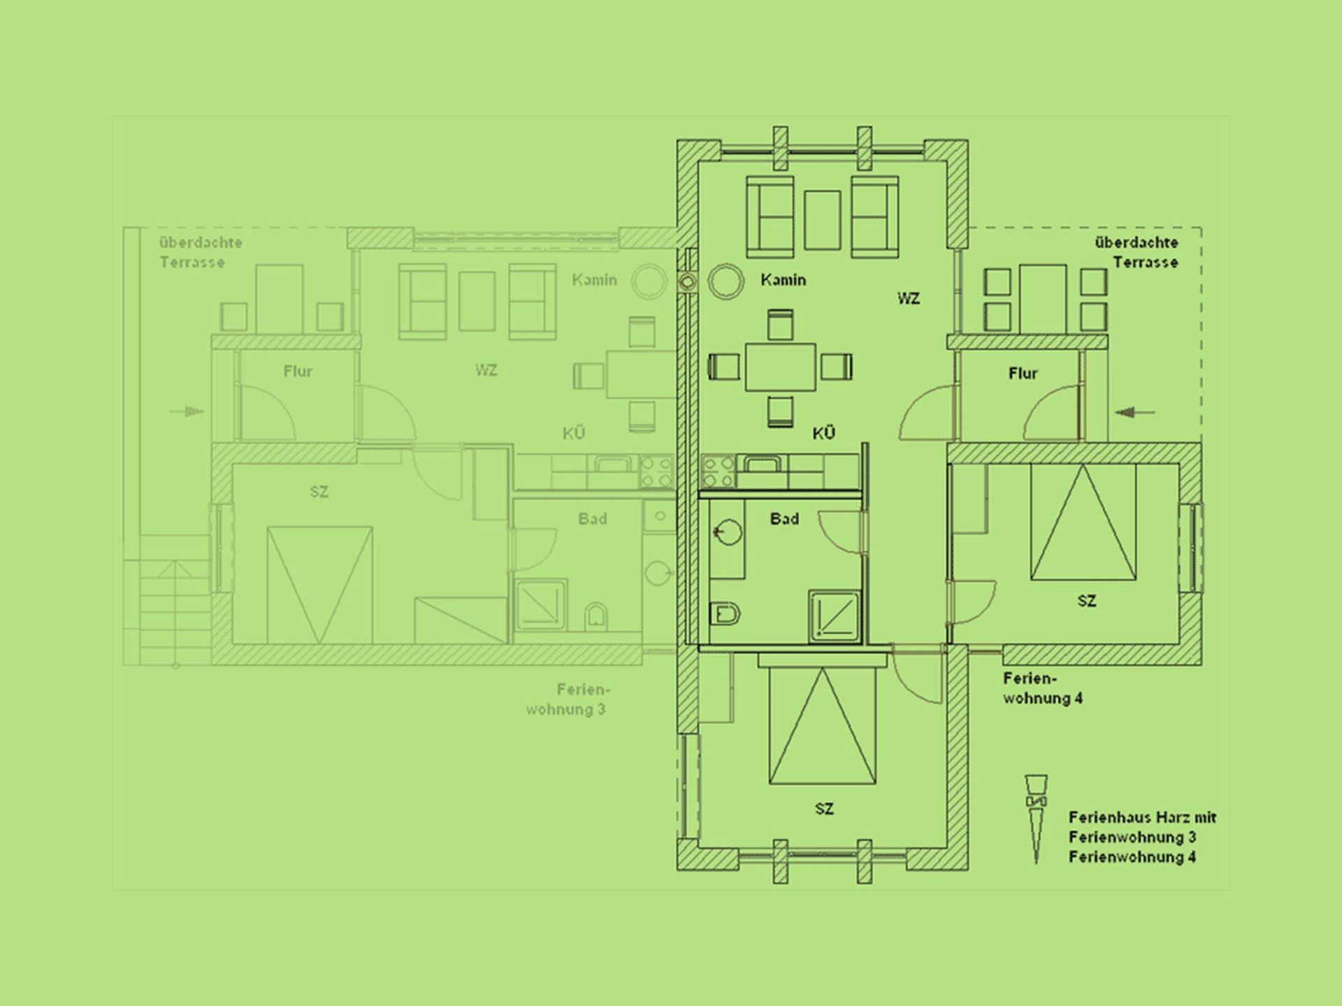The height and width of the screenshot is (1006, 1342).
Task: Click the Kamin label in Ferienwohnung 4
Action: [783, 280]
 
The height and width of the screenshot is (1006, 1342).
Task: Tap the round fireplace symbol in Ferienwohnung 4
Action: [726, 282]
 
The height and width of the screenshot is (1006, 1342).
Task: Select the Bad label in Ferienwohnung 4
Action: [784, 519]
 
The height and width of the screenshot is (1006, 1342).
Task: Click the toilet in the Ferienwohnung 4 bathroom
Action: [725, 615]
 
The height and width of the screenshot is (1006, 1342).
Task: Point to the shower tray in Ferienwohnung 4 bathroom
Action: [835, 615]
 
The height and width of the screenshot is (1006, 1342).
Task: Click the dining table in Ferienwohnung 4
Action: [780, 367]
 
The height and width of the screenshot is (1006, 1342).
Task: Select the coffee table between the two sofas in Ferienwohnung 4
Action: [822, 220]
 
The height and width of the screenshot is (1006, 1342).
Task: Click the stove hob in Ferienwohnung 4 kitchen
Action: [718, 470]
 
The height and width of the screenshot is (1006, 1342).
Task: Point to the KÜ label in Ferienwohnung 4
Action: [824, 433]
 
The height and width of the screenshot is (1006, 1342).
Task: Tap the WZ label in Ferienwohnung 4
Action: [909, 299]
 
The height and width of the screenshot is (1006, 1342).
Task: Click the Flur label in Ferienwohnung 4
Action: [1023, 374]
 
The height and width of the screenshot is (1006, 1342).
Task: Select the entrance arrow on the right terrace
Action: [1135, 412]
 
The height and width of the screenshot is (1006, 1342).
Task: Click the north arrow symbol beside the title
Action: [1035, 819]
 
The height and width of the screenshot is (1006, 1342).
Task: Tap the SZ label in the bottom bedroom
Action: [824, 809]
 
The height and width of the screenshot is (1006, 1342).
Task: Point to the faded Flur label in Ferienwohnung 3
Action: [298, 372]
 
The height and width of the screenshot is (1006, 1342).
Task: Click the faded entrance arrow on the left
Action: [187, 411]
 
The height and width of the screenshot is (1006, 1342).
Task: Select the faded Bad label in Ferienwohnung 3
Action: [593, 519]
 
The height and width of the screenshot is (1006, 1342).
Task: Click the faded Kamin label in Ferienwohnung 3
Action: [595, 280]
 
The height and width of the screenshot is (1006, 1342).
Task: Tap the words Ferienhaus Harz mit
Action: [1143, 817]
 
